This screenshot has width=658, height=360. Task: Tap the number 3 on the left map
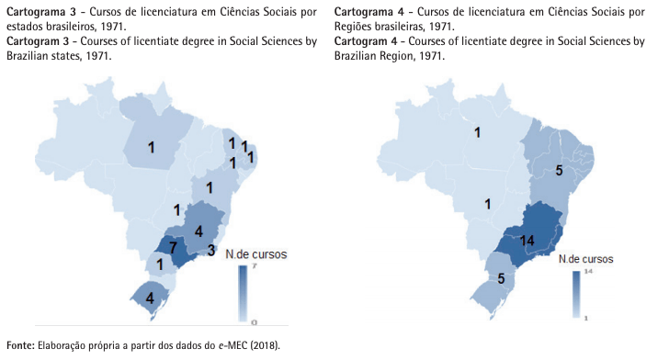210,250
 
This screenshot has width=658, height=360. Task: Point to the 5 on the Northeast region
559,171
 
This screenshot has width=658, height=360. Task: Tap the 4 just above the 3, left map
199,231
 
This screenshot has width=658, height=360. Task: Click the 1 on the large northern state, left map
151,147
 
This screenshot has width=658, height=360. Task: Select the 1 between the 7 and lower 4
161,264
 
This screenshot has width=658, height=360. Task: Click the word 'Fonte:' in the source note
19,345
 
